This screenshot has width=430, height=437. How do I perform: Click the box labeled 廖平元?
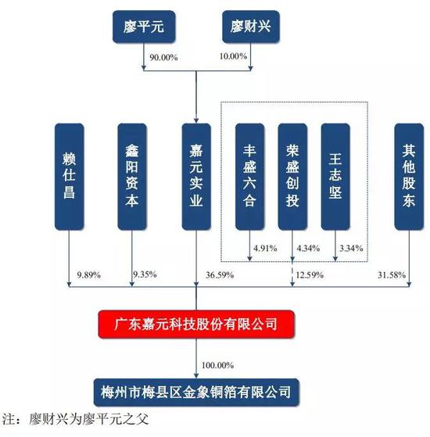[144, 27]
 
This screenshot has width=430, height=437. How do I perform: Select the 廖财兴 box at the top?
[250, 27]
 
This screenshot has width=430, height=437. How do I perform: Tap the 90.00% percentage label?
[163, 58]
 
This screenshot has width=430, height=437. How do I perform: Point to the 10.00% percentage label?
[233, 56]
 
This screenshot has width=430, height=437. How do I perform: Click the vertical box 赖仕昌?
[69, 177]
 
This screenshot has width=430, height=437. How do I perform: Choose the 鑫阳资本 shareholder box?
[132, 177]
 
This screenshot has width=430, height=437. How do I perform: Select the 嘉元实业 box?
[196, 177]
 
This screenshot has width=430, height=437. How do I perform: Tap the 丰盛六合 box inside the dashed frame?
[249, 177]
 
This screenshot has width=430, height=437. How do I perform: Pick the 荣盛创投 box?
[292, 177]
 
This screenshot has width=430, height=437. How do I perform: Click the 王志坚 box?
[335, 177]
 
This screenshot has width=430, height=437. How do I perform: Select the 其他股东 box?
[409, 177]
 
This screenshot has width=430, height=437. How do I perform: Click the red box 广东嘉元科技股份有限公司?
[196, 324]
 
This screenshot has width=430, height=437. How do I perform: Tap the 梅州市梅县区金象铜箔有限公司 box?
[196, 392]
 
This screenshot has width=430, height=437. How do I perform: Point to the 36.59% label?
[220, 275]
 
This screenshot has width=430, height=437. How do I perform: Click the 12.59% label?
[310, 275]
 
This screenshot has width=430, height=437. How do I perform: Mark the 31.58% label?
[392, 275]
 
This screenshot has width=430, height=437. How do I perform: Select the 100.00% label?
[217, 365]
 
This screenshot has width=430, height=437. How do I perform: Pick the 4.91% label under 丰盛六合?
[265, 248]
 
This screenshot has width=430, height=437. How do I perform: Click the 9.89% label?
[88, 275]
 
